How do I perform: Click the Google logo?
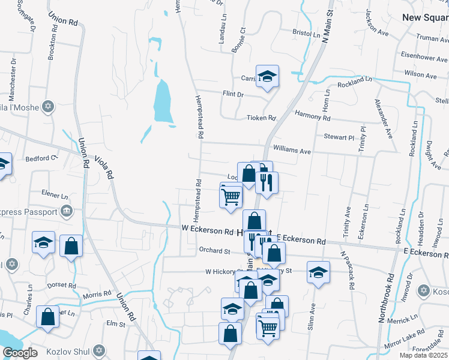[x=20, y=353]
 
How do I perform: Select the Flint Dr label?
[x=233, y=95]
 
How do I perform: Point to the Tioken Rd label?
[x=261, y=118]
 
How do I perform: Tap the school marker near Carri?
[x=267, y=76]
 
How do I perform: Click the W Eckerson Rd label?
[x=207, y=230]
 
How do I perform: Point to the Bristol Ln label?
[x=306, y=34]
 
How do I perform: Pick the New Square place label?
[x=425, y=17]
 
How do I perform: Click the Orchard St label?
[x=215, y=250]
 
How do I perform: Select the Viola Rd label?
[x=103, y=168]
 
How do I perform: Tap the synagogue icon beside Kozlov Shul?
[x=100, y=350]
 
